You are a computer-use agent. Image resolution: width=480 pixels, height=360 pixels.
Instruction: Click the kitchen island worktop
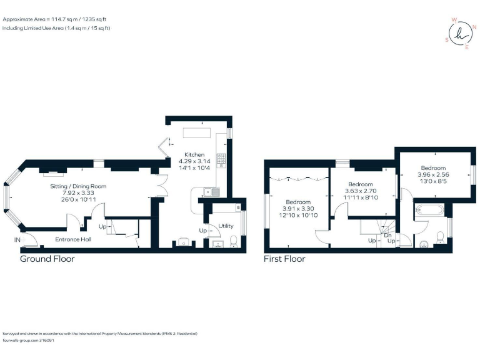pos(196,134)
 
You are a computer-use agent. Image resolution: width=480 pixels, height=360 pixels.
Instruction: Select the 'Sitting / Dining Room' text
pos(78,186)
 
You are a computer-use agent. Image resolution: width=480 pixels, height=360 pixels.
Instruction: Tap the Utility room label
pos(226,226)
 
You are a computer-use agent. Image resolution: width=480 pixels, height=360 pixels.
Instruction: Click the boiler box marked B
pos(239,207)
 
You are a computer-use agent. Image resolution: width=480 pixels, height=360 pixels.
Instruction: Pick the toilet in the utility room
pos(233,241)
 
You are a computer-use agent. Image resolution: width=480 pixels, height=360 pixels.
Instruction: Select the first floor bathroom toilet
pos(441,237)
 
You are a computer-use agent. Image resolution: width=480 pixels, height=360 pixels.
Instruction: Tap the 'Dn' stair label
pos(387,234)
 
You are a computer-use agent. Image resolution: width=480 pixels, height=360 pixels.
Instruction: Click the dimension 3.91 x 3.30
pos(298,209)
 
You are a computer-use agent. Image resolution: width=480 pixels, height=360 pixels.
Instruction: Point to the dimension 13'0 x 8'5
pos(433,182)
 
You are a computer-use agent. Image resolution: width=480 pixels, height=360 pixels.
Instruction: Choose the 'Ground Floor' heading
pos(47,259)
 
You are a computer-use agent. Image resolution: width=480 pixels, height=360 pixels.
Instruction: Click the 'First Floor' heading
pos(284,259)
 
